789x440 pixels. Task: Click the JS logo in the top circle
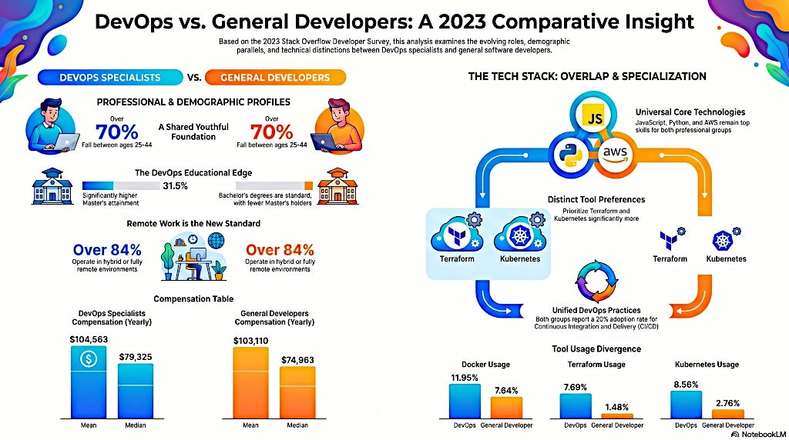coord(595,116)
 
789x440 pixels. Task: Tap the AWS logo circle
coord(615,155)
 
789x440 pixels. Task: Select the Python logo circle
coord(571,155)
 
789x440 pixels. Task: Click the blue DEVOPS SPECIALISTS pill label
coord(110,78)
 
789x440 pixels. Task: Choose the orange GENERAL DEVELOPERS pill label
coord(275,78)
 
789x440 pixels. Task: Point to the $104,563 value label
coord(89,339)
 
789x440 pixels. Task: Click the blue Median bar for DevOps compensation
coord(136,391)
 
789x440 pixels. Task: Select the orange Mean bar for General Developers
coord(250,383)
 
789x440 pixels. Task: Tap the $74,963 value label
coord(297,360)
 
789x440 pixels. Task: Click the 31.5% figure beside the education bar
coord(175,186)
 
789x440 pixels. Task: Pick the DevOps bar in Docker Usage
coord(465,402)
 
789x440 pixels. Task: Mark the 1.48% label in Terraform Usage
coord(617,408)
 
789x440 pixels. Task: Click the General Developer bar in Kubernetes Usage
coord(727,415)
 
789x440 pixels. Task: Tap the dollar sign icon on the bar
coord(89,358)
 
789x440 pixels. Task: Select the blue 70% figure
coord(117,132)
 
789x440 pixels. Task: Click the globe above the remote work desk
coord(216,241)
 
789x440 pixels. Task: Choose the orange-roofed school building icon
coord(337,186)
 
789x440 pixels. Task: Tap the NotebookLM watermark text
coord(758,434)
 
